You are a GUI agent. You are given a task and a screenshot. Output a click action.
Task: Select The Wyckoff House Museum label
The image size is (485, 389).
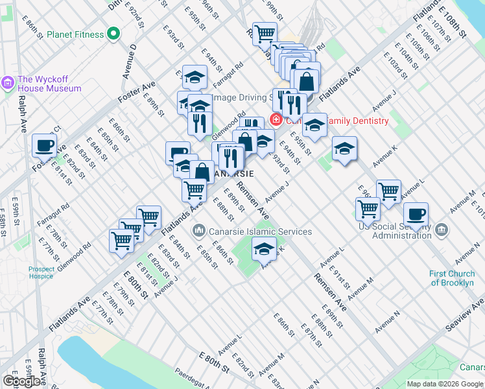click(50, 83)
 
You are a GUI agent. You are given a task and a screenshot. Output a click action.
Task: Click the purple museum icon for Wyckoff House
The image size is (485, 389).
click(8, 82)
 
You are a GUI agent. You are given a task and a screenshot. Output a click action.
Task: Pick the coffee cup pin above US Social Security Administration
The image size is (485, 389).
click(416, 215)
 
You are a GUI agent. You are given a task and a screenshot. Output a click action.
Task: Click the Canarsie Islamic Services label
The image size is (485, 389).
click(260, 231)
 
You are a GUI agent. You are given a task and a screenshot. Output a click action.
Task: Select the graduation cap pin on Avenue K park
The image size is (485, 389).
click(264, 250)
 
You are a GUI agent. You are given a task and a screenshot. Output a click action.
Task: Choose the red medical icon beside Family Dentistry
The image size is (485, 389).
click(276, 120)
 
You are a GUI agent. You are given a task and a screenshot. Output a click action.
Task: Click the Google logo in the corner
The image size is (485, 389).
click(21, 381)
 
